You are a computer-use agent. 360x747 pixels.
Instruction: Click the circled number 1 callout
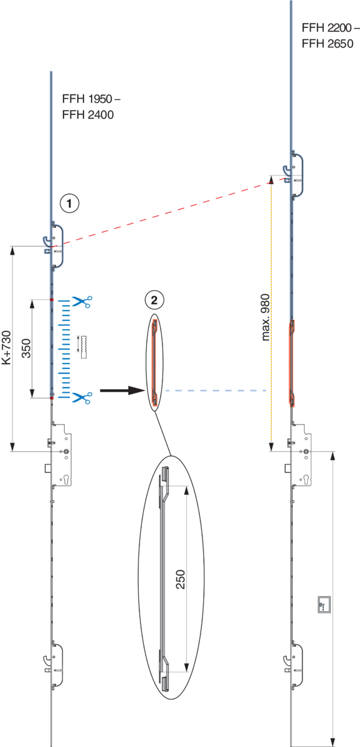coord(69,203)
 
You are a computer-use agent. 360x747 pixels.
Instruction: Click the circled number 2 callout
coord(154,300)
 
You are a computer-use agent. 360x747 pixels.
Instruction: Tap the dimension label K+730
coord(6,347)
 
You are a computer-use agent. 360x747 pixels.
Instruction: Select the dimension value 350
coord(26,348)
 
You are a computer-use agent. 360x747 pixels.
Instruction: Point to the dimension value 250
coord(180,580)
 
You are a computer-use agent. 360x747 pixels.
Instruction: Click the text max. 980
coord(265,317)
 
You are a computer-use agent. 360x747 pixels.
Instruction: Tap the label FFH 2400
coord(88,115)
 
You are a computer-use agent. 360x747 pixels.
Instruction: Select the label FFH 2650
coord(328,44)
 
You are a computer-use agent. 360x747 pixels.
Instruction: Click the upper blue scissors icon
coord(82,301)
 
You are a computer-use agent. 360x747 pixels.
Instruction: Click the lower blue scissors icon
coord(82,398)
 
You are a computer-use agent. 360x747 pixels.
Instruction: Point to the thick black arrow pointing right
coord(123,390)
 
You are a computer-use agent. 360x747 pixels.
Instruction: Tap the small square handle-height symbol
coord(324,604)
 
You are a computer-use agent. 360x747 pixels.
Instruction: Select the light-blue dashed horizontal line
coord(216,390)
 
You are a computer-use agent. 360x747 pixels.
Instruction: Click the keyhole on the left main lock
coord(65,479)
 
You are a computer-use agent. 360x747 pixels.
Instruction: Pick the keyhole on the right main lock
coord(306,479)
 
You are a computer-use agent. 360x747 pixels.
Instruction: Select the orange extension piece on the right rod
coord(291,363)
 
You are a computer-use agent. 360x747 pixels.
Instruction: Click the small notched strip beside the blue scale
coord(83,347)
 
